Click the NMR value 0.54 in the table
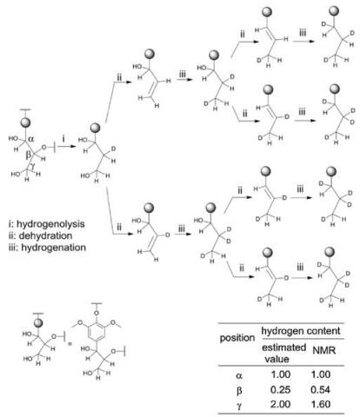(320, 389)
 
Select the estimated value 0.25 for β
(280, 389)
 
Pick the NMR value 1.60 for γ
(320, 404)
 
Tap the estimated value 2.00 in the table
(280, 404)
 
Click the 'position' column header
(237, 338)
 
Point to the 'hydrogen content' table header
(301, 331)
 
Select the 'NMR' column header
(324, 350)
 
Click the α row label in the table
(239, 375)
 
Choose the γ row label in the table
(239, 405)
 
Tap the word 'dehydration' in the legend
(45, 235)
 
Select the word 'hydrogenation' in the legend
(54, 248)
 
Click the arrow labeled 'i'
(65, 147)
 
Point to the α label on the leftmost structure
(31, 139)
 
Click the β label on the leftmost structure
(28, 155)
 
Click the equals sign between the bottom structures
(70, 345)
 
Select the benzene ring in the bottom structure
(96, 333)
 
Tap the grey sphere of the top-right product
(334, 12)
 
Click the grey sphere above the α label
(25, 122)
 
